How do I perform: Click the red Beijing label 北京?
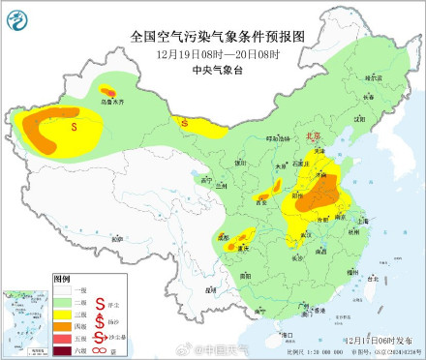(314, 137)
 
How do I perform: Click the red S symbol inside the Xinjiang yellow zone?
(75, 125)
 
